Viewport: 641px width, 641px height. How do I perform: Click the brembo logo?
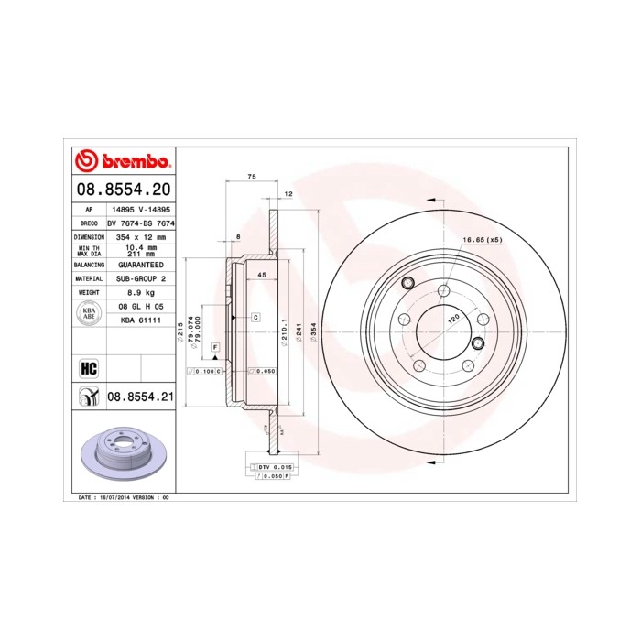[122, 162]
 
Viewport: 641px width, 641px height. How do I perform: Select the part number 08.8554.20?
[122, 190]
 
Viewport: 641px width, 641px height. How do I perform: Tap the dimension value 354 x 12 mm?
[141, 236]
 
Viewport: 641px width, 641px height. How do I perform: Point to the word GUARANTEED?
[140, 264]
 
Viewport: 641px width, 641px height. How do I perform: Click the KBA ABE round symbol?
[89, 313]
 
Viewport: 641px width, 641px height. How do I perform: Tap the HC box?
[89, 368]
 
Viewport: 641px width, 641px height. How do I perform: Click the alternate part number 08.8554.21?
[140, 396]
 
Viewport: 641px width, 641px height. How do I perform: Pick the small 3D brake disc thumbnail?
[122, 453]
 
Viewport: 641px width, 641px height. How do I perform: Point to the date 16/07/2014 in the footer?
[113, 496]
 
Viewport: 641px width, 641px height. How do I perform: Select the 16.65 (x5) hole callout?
[483, 240]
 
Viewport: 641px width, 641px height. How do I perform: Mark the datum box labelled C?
[255, 317]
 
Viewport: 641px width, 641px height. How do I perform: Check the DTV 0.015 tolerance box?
[271, 468]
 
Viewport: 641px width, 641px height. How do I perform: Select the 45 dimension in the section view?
[261, 275]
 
